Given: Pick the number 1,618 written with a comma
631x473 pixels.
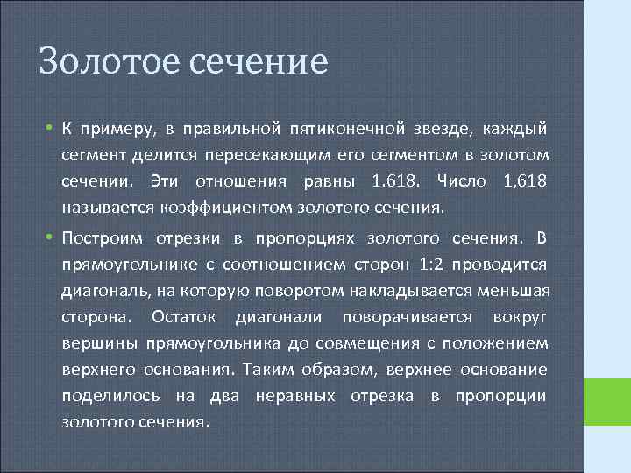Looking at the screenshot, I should (522, 182).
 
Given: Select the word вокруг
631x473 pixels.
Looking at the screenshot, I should (521, 316).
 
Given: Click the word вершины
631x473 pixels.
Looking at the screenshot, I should (93, 342).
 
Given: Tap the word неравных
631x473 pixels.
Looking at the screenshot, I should (295, 395).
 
